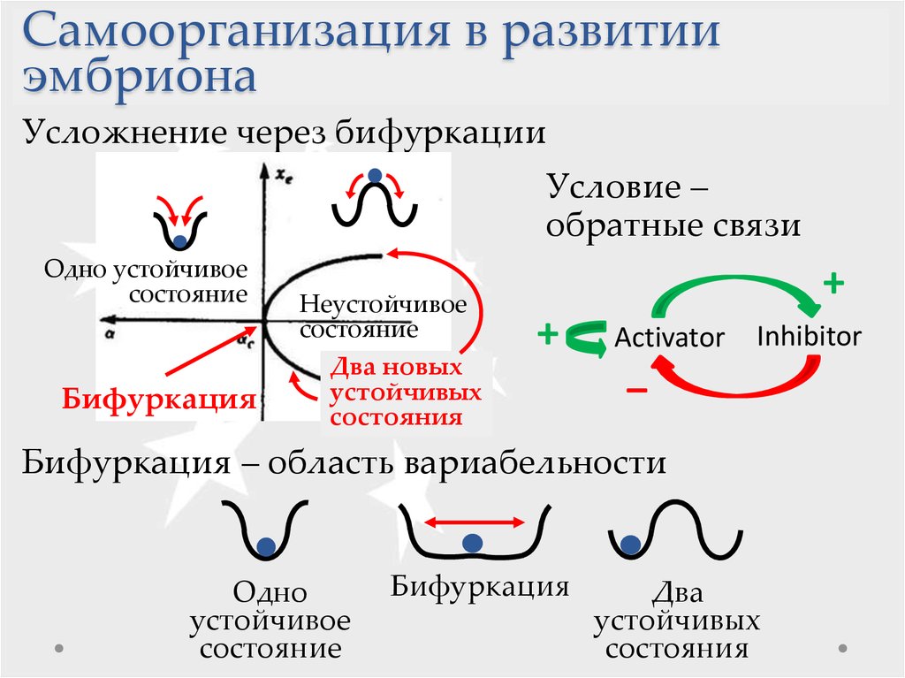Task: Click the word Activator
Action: (x=669, y=338)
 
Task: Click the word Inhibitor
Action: (x=810, y=336)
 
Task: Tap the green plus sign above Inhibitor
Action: (x=833, y=283)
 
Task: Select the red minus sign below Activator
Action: (x=636, y=391)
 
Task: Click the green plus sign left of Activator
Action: (x=548, y=334)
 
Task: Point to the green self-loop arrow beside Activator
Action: (x=583, y=338)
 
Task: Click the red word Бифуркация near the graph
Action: (x=159, y=399)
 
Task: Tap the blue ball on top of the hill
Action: (x=375, y=175)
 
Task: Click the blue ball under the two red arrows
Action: (x=179, y=241)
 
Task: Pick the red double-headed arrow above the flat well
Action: (x=475, y=522)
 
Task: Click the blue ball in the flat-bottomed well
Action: (x=473, y=543)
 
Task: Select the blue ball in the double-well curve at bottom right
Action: (x=631, y=545)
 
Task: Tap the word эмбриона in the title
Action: (x=140, y=78)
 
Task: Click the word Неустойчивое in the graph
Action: (x=383, y=304)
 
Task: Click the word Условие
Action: (x=615, y=187)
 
